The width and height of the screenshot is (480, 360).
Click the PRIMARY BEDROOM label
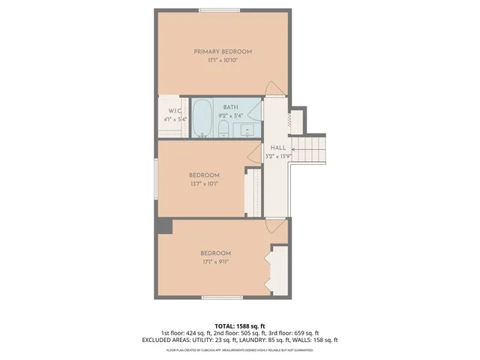coord(223,52)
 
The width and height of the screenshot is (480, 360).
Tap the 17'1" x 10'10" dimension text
coord(223,61)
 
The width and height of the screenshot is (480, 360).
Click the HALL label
coord(277,148)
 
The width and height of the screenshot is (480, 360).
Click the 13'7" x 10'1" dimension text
coord(204,183)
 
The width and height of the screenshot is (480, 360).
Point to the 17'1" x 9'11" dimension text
coord(215,262)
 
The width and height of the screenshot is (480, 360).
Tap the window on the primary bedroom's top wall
coord(219,10)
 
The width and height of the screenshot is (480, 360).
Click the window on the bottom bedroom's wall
coord(223,297)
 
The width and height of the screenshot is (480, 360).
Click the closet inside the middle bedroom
coord(253,193)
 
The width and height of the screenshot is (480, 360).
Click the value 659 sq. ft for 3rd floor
coord(307,333)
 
